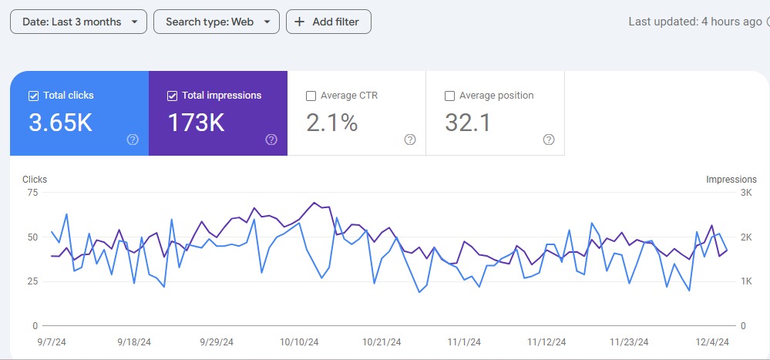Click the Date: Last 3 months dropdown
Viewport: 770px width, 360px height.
click(78, 22)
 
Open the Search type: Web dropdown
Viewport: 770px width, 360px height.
click(216, 22)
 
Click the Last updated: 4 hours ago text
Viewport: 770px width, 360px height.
click(694, 22)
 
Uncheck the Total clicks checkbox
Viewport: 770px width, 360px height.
click(33, 96)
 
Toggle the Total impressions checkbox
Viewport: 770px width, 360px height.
click(172, 96)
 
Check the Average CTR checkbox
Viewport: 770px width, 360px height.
click(311, 96)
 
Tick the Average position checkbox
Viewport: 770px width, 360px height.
click(449, 96)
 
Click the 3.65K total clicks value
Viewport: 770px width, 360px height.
click(60, 123)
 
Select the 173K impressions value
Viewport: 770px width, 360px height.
click(196, 123)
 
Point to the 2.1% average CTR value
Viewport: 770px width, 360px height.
click(332, 123)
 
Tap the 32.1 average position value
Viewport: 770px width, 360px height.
click(468, 123)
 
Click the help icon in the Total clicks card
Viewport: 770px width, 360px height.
click(133, 140)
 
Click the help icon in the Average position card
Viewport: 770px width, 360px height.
click(549, 140)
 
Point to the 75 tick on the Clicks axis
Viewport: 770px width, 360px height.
click(32, 193)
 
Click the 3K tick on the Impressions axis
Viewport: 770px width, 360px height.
click(745, 193)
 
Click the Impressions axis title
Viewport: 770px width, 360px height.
click(731, 180)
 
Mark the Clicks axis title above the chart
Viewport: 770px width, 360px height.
click(35, 180)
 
